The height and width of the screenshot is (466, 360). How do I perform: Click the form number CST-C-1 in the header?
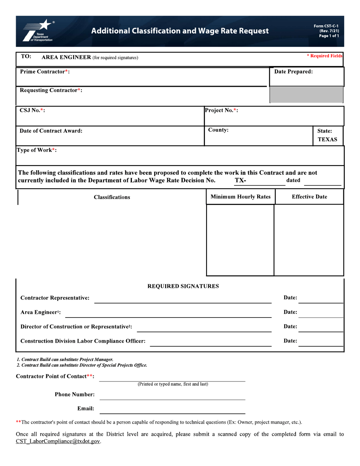pyautogui.click(x=326, y=26)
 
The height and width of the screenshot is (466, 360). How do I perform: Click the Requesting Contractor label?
pyautogui.click(x=51, y=90)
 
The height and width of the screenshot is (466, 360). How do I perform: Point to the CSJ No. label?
pyautogui.click(x=33, y=110)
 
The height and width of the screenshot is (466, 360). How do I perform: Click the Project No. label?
pyautogui.click(x=221, y=110)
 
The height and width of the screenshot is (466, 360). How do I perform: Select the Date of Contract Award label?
pyautogui.click(x=51, y=131)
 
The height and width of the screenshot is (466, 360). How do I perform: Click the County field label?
pyautogui.click(x=218, y=130)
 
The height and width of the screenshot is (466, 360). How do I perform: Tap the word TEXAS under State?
pyautogui.click(x=327, y=139)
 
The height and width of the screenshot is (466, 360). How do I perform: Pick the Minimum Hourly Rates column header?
pyautogui.click(x=240, y=197)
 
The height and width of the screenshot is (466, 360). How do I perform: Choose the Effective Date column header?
pyautogui.click(x=309, y=197)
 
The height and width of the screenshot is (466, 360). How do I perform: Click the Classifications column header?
pyautogui.click(x=112, y=197)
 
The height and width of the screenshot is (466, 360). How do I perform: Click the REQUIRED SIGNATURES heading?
pyautogui.click(x=183, y=286)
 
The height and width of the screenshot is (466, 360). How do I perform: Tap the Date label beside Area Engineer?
pyautogui.click(x=290, y=312)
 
